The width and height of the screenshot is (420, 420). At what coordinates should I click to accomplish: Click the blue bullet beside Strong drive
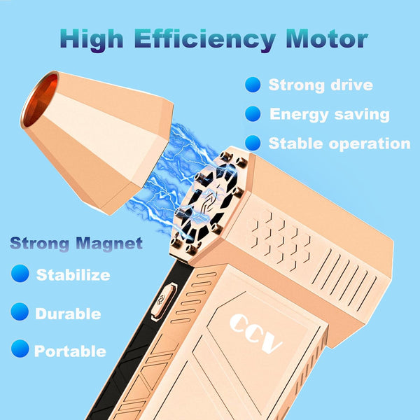(253, 85)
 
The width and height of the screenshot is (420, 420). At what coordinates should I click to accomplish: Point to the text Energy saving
(329, 114)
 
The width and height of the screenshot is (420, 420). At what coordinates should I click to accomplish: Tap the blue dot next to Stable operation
(253, 143)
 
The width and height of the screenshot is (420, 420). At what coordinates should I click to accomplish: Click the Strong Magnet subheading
(76, 244)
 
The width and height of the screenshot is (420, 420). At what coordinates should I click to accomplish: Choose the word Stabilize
(73, 274)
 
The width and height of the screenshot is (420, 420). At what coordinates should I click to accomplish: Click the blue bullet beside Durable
(20, 312)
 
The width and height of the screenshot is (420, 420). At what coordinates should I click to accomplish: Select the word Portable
(70, 351)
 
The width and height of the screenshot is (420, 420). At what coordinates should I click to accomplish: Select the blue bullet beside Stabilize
(20, 274)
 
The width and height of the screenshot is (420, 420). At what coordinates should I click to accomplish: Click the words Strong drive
(321, 85)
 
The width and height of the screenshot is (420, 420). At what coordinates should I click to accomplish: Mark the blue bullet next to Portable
(20, 348)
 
